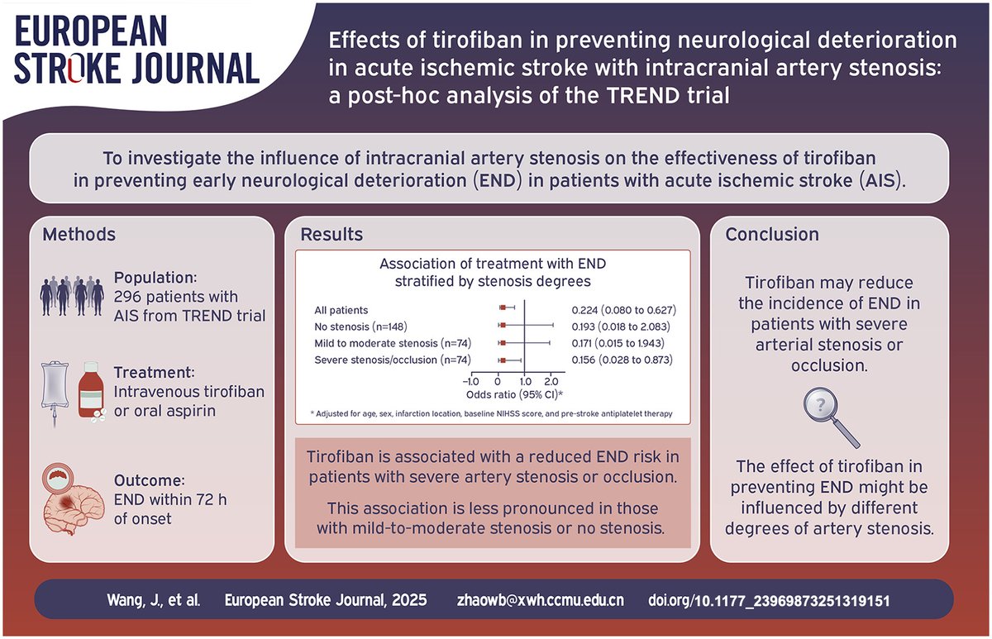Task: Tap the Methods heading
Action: tap(79, 235)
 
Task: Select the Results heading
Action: tap(331, 235)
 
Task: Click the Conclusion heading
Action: tap(772, 235)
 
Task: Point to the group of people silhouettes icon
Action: tap(74, 293)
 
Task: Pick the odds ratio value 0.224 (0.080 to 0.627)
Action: tap(624, 310)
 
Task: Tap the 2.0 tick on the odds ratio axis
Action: tap(552, 381)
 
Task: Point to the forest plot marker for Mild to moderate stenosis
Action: tap(502, 343)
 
